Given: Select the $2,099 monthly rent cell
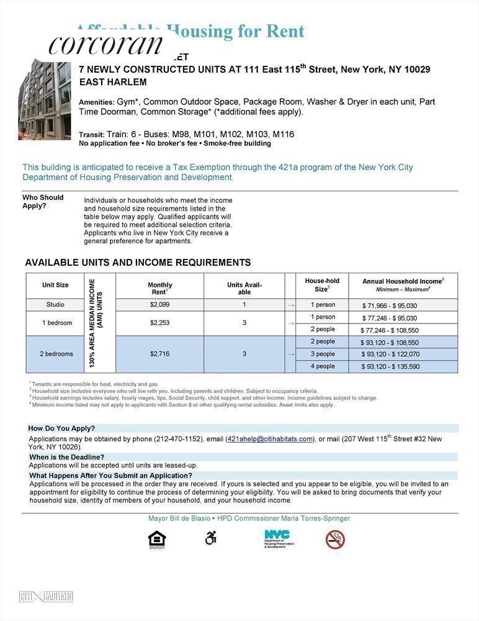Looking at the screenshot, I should click(159, 305).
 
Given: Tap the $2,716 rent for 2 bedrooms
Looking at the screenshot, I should click(159, 354).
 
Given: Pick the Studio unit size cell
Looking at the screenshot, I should click(55, 305).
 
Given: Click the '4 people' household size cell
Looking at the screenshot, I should click(323, 366).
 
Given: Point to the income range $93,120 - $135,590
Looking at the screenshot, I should click(390, 367).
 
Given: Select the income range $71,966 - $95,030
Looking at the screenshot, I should click(390, 306).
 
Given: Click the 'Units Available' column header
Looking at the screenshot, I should click(244, 288).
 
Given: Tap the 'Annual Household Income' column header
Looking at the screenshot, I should click(403, 285).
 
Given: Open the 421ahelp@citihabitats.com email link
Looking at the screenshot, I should click(270, 439).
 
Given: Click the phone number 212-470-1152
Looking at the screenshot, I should click(179, 439).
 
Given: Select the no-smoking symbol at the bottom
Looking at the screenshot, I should click(335, 539).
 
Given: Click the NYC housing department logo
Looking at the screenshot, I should click(279, 538).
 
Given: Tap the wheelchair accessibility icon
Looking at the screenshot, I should click(211, 538).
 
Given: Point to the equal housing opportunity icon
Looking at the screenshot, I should click(157, 540).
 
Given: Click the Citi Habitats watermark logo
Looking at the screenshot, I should click(46, 597).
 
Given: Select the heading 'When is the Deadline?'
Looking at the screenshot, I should click(67, 457).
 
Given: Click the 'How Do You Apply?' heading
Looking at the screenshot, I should click(62, 428).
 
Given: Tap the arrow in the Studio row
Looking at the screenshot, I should click(290, 306).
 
